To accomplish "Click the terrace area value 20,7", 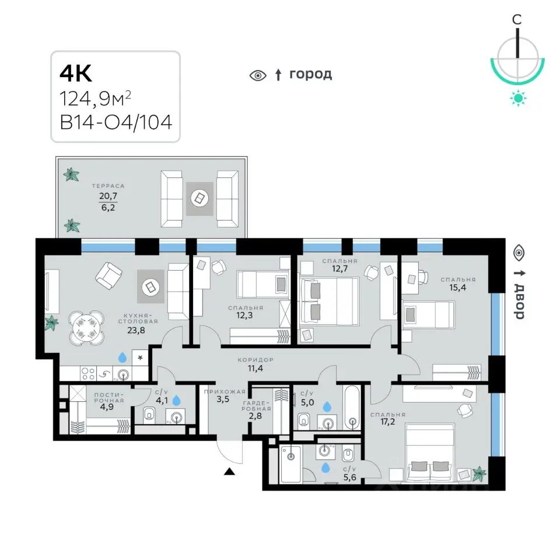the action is click(x=108, y=196).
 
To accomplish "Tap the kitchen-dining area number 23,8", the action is click(x=136, y=330).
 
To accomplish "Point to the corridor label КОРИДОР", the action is click(x=256, y=360).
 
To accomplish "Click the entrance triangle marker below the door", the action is click(x=229, y=472).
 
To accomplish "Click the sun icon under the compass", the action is click(x=518, y=98).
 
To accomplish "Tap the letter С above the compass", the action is click(x=517, y=20).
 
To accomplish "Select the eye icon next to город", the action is click(x=258, y=75).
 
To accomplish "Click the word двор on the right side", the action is click(x=519, y=302).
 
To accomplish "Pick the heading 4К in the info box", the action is click(x=76, y=73).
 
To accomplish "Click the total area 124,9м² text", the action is click(x=95, y=99).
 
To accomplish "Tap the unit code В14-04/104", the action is click(x=116, y=122).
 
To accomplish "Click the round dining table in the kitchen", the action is click(x=87, y=328).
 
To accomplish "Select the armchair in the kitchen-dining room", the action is click(x=109, y=275).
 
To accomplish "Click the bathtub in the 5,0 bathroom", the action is click(x=352, y=407).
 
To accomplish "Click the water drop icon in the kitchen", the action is click(x=123, y=357).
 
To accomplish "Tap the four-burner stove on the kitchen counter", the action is click(x=88, y=373).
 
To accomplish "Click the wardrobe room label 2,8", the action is click(x=255, y=416).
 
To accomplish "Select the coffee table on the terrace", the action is click(x=199, y=198).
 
